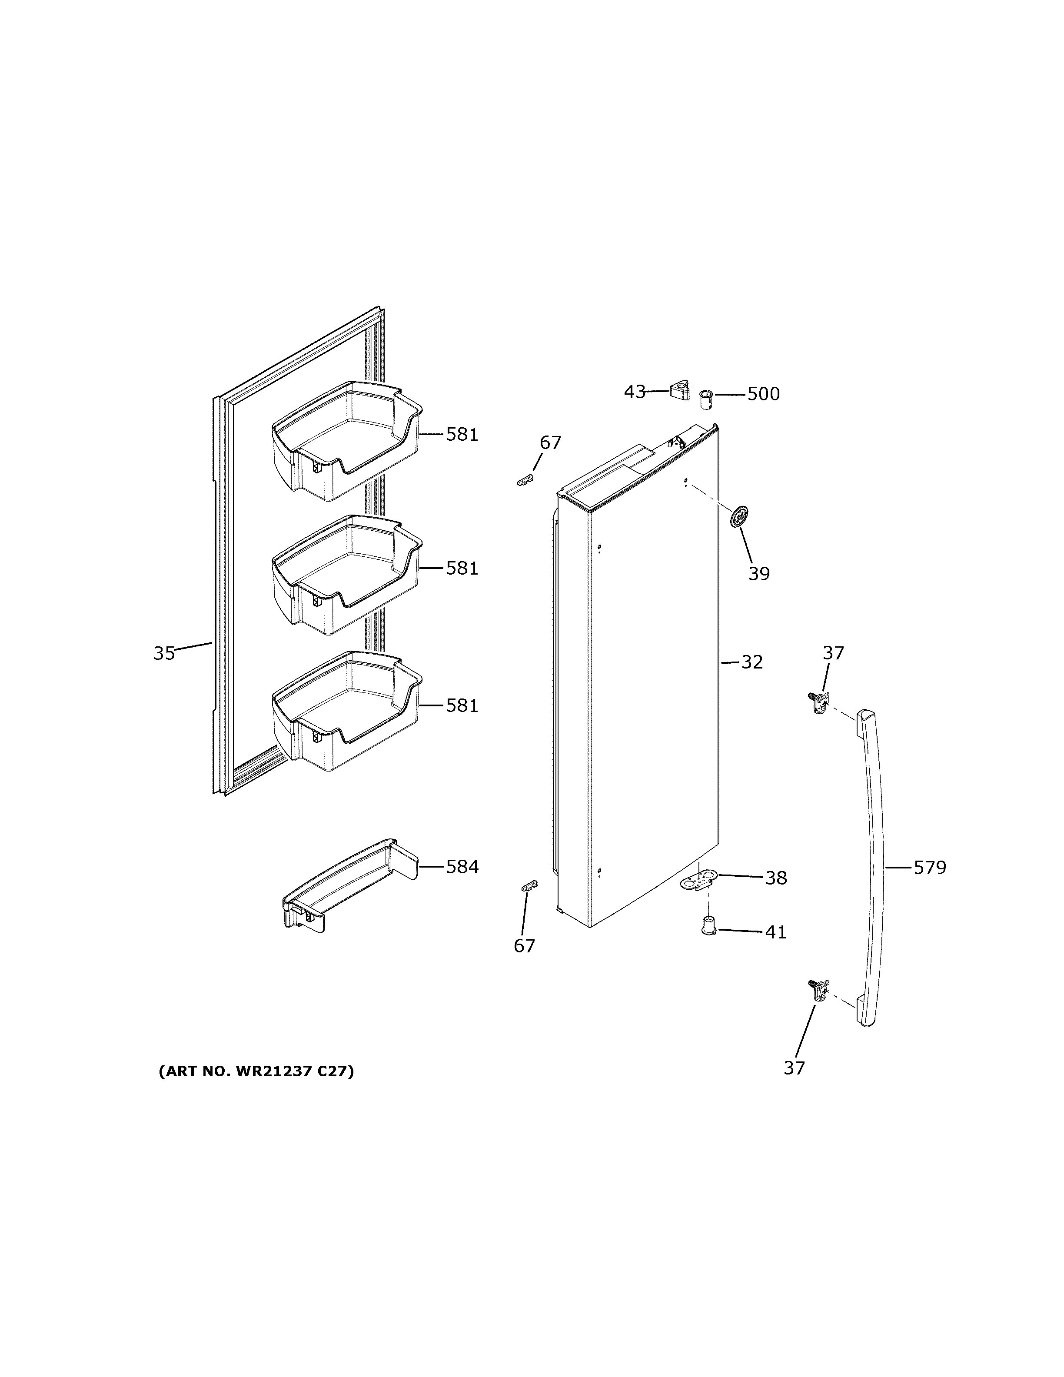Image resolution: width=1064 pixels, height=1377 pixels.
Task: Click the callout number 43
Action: [634, 392]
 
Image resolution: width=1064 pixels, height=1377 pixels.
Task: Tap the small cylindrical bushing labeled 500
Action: [706, 398]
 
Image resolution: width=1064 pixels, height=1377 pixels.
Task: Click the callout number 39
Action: [759, 574]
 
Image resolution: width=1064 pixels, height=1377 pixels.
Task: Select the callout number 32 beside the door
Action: [751, 662]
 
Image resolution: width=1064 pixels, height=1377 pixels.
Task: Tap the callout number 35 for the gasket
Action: [164, 653]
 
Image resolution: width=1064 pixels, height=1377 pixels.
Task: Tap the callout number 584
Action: [462, 868]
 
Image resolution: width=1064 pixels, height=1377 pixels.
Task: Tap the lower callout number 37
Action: [794, 1068]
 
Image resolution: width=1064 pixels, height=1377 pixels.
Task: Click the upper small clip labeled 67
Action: [524, 481]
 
